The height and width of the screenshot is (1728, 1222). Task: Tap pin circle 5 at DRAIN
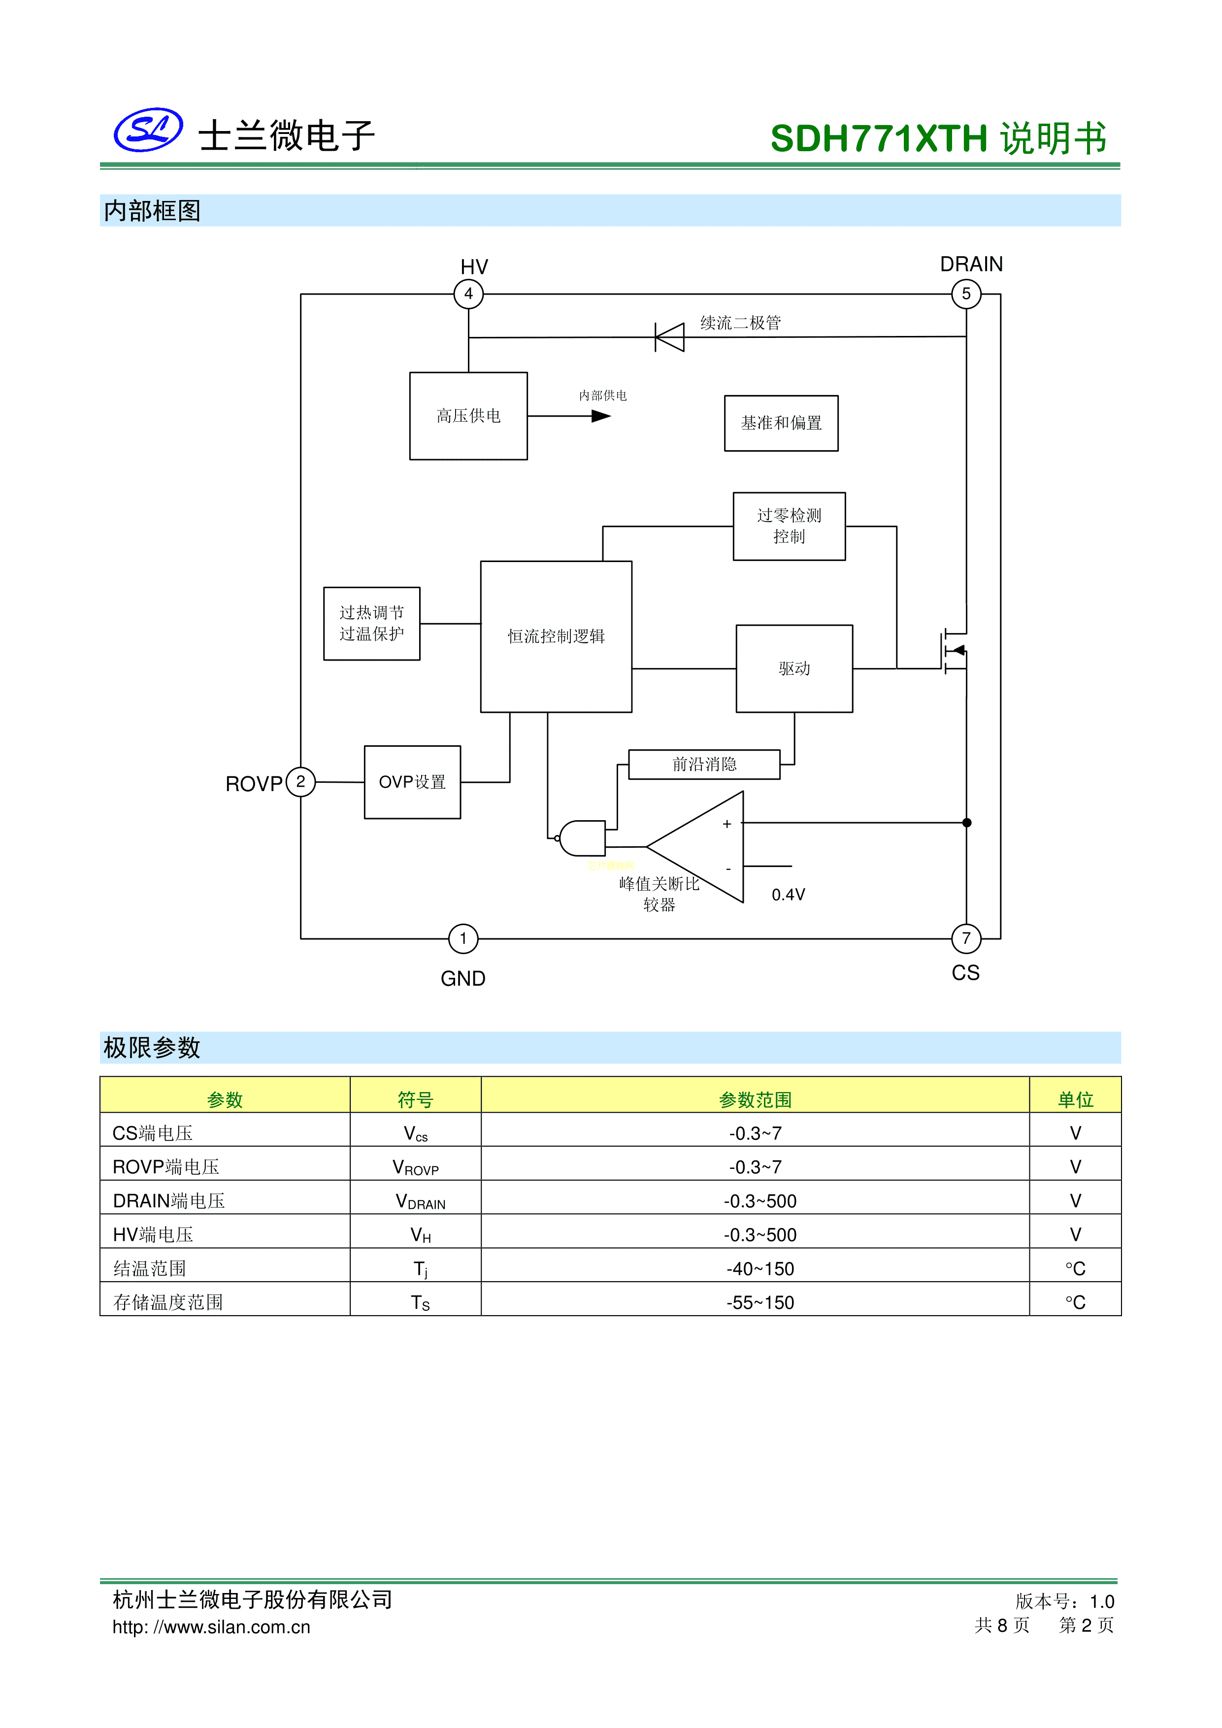pyautogui.click(x=966, y=294)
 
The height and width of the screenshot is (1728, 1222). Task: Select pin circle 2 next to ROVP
pyautogui.click(x=301, y=781)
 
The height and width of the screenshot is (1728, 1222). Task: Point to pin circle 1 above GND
pyautogui.click(x=463, y=938)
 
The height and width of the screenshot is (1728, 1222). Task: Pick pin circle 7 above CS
pyautogui.click(x=966, y=938)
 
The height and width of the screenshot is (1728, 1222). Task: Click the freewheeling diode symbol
pyautogui.click(x=670, y=337)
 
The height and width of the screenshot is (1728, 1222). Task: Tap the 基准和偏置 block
pyautogui.click(x=781, y=423)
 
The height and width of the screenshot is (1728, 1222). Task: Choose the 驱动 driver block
pyautogui.click(x=794, y=668)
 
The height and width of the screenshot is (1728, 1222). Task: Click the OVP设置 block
pyautogui.click(x=412, y=782)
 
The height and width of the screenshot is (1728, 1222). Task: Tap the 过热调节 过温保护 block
pyautogui.click(x=372, y=623)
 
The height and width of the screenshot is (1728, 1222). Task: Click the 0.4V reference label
pyautogui.click(x=788, y=895)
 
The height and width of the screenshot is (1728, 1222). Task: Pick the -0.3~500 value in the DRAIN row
pyautogui.click(x=760, y=1201)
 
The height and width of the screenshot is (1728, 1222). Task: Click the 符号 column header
pyautogui.click(x=415, y=1099)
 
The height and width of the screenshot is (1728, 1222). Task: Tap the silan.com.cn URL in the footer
pyautogui.click(x=211, y=1627)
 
